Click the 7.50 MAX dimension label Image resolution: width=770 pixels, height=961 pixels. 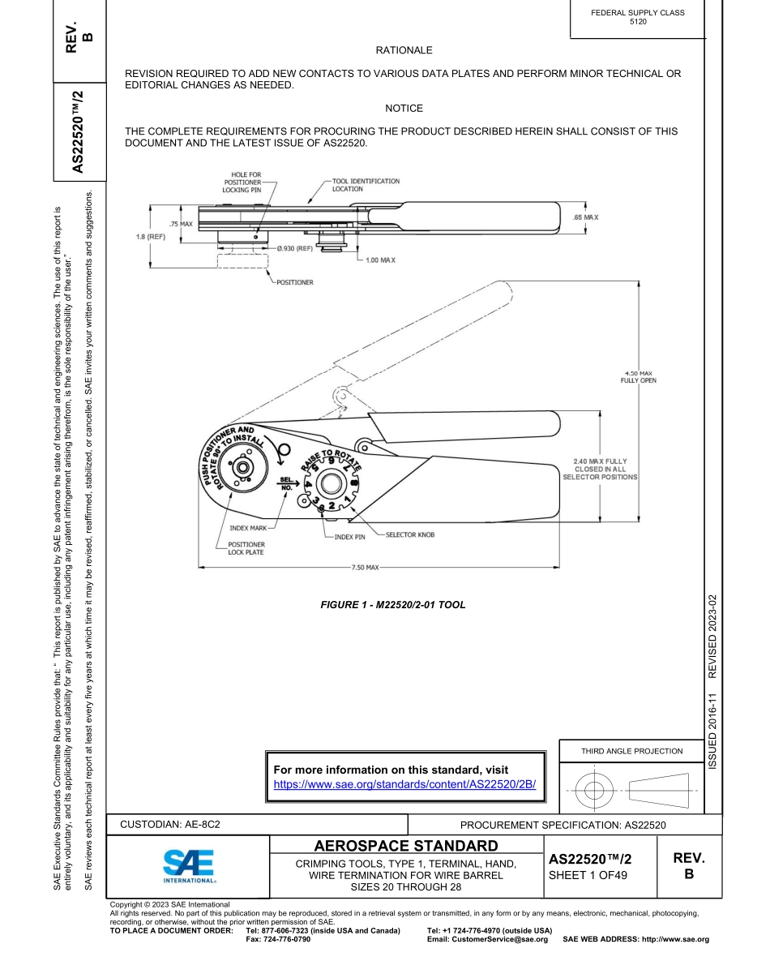pyautogui.click(x=365, y=567)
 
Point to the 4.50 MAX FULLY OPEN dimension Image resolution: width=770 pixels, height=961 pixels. pyautogui.click(x=638, y=376)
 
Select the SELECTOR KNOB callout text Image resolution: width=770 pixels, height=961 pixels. pyautogui.click(x=410, y=534)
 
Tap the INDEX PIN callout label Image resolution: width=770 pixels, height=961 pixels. pyautogui.click(x=350, y=537)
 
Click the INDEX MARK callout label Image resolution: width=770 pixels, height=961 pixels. pyautogui.click(x=247, y=528)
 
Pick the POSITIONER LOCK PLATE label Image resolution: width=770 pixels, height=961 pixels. pyautogui.click(x=246, y=548)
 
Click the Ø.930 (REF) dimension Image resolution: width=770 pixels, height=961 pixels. pyautogui.click(x=294, y=248)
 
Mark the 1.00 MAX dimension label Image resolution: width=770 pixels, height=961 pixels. pyautogui.click(x=380, y=260)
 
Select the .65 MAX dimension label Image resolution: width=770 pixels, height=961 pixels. pyautogui.click(x=584, y=217)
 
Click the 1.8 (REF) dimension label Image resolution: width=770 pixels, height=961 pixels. pyautogui.click(x=150, y=237)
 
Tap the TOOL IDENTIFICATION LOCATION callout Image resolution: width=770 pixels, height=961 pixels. pyautogui.click(x=365, y=185)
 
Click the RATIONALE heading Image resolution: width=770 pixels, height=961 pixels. pyautogui.click(x=404, y=50)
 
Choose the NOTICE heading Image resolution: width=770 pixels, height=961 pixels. pyautogui.click(x=404, y=108)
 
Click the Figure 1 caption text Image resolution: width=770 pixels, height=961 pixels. pyautogui.click(x=393, y=605)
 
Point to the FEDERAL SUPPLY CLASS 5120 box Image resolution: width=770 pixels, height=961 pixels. pyautogui.click(x=637, y=17)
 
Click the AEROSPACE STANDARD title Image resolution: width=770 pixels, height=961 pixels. pyautogui.click(x=405, y=847)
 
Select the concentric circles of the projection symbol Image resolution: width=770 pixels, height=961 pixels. pyautogui.click(x=594, y=788)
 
